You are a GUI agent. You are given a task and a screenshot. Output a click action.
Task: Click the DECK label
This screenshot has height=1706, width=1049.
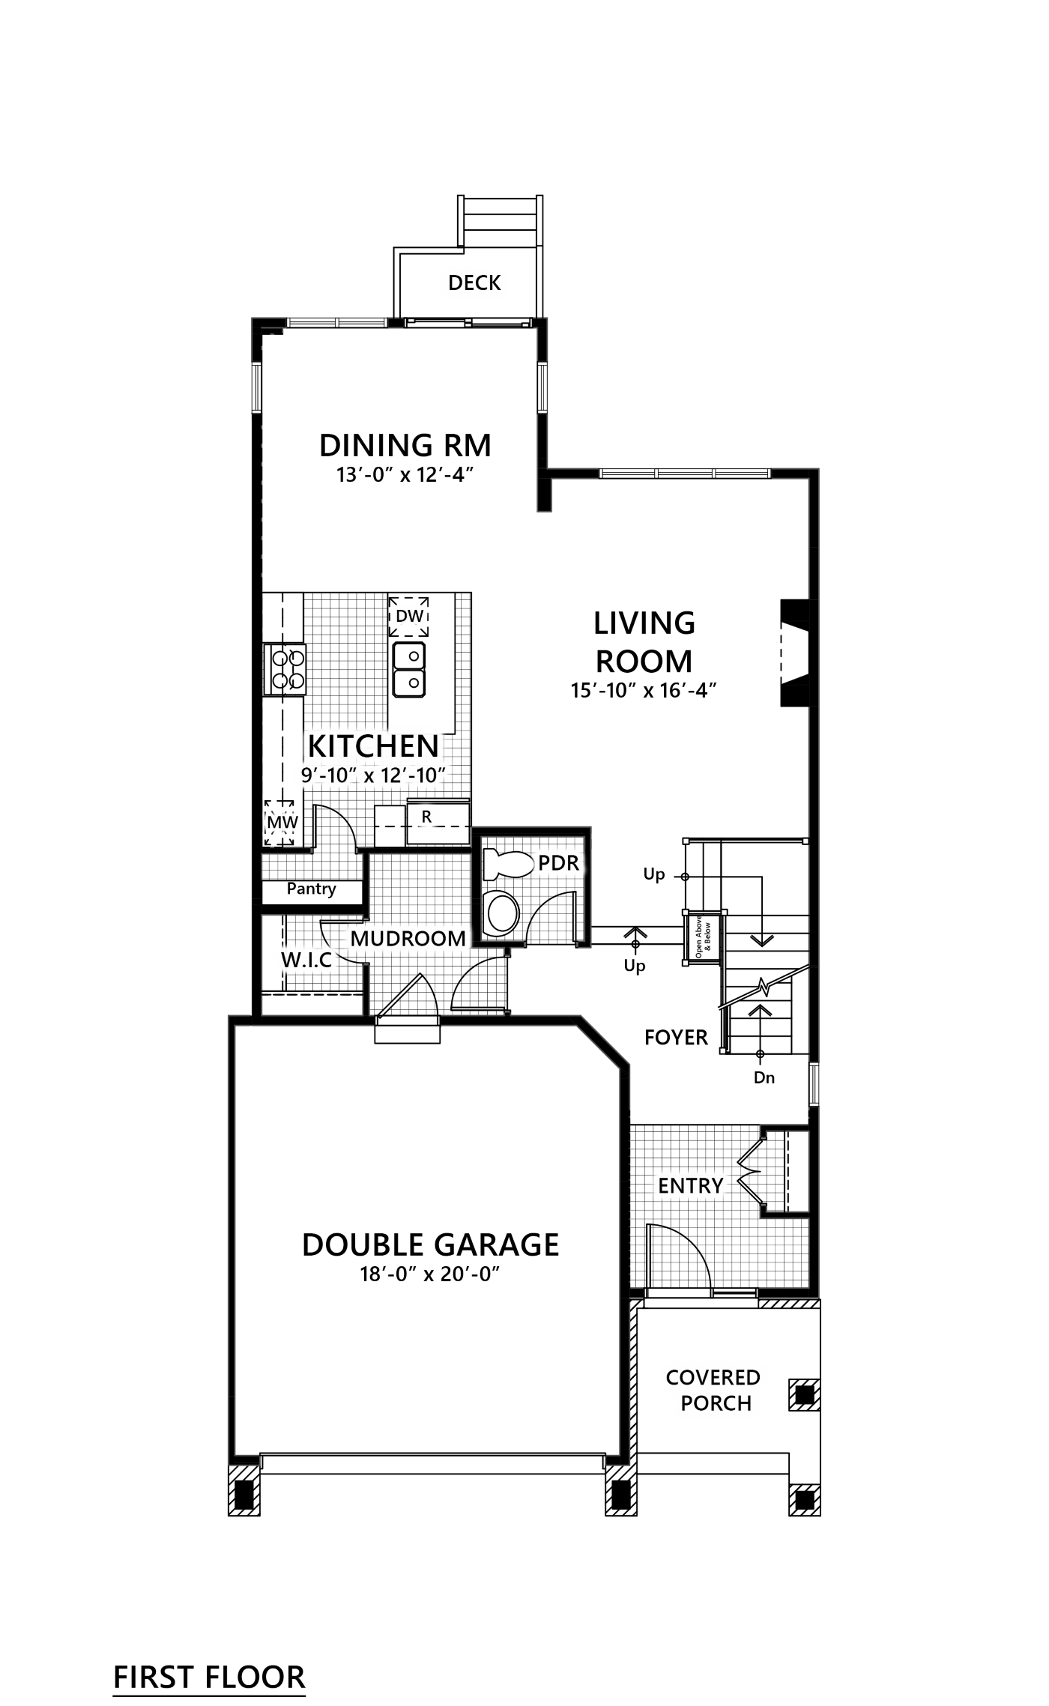[474, 282]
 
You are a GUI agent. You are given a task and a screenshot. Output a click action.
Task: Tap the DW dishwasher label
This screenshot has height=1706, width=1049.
[410, 617]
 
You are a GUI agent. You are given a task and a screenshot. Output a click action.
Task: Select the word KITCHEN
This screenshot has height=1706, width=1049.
[373, 746]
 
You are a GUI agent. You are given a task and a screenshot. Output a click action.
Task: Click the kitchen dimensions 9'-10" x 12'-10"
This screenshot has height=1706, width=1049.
[373, 775]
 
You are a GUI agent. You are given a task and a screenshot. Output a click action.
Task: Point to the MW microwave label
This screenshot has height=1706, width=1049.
[282, 822]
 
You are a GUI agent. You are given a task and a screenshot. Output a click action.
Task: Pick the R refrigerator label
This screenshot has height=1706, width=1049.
[426, 817]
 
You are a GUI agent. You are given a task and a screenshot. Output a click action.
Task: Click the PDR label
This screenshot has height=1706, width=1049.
[558, 863]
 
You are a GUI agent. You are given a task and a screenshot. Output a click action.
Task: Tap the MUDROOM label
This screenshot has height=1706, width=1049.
[408, 939]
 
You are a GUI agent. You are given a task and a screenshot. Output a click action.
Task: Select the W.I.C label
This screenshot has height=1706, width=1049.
[306, 960]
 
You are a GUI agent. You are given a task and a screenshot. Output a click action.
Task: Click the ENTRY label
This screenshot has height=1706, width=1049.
[690, 1186]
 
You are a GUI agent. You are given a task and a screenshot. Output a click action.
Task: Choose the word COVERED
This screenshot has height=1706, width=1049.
[713, 1377]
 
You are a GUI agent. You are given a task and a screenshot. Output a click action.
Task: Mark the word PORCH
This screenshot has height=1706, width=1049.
[716, 1403]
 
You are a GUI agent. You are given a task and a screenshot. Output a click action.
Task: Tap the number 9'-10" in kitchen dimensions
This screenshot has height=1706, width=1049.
[327, 775]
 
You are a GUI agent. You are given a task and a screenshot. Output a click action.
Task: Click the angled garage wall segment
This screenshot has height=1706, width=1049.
[603, 1041]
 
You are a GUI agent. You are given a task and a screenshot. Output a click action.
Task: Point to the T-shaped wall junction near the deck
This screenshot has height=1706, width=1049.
[546, 473]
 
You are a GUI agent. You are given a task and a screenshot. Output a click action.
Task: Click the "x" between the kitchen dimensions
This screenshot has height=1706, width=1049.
[369, 777]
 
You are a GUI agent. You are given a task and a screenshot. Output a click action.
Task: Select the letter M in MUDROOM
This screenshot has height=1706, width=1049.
[359, 939]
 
